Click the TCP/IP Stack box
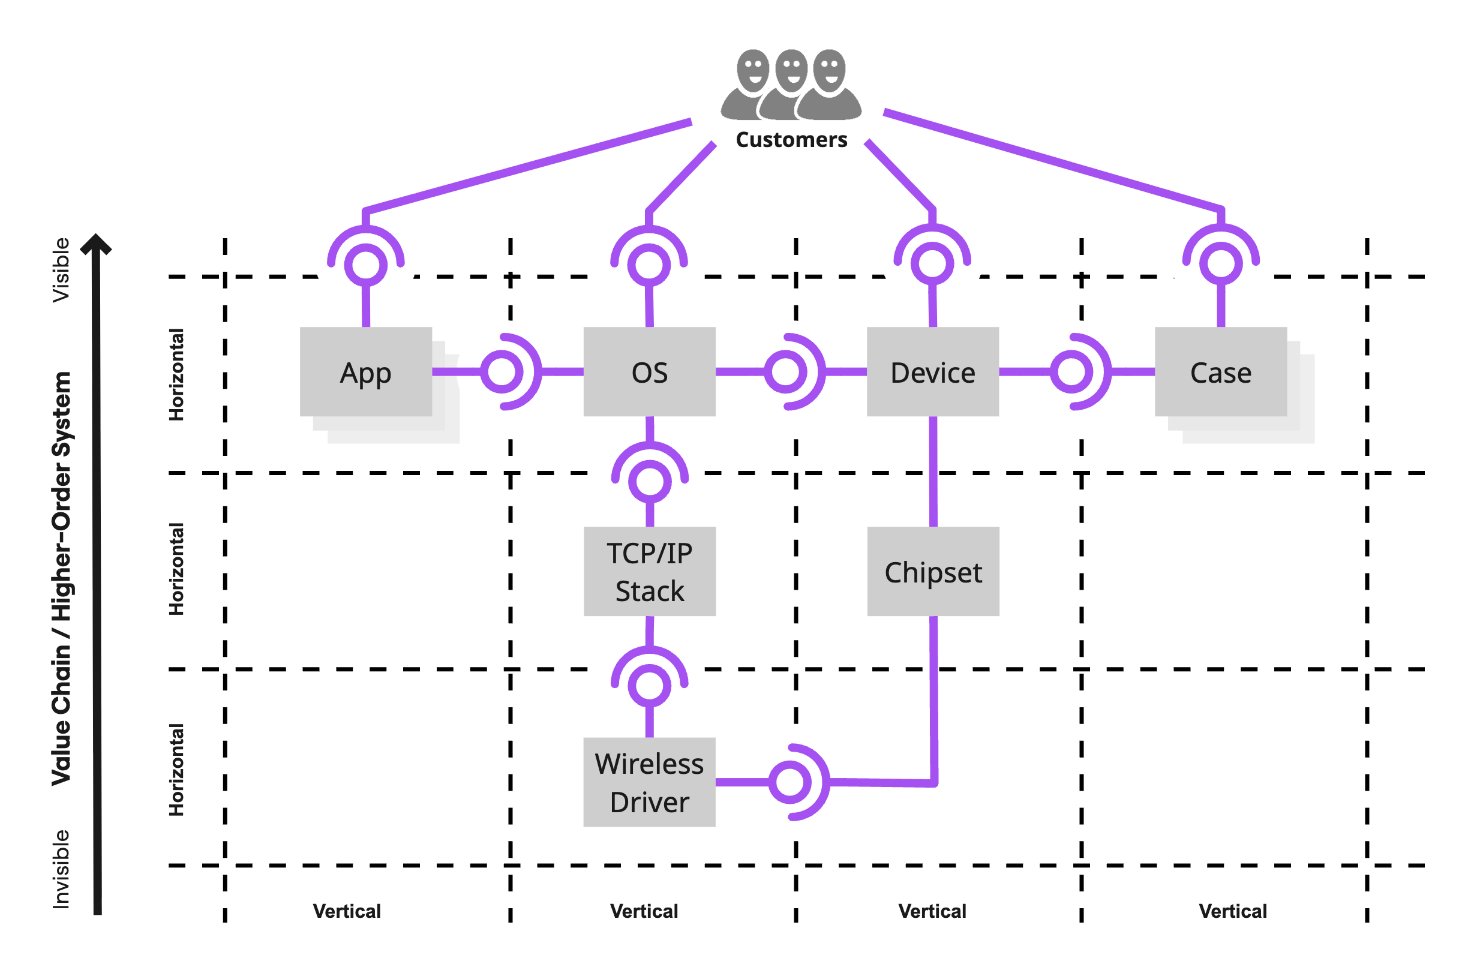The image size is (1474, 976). point(649,572)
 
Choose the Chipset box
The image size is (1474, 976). point(933,572)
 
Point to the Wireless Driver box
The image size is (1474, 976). point(649,782)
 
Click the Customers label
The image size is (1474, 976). point(791,139)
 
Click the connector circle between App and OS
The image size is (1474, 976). point(502,371)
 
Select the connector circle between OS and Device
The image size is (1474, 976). point(785,371)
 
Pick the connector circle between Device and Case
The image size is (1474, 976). point(1071,371)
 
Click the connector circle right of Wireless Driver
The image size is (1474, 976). point(790,782)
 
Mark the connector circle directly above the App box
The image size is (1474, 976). point(366,265)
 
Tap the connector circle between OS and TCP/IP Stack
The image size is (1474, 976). point(650,481)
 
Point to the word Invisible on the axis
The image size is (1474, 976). point(61,869)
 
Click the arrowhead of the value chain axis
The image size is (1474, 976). point(96,244)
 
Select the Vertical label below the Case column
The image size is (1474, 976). point(1232,911)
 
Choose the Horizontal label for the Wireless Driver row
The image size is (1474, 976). point(177,770)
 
